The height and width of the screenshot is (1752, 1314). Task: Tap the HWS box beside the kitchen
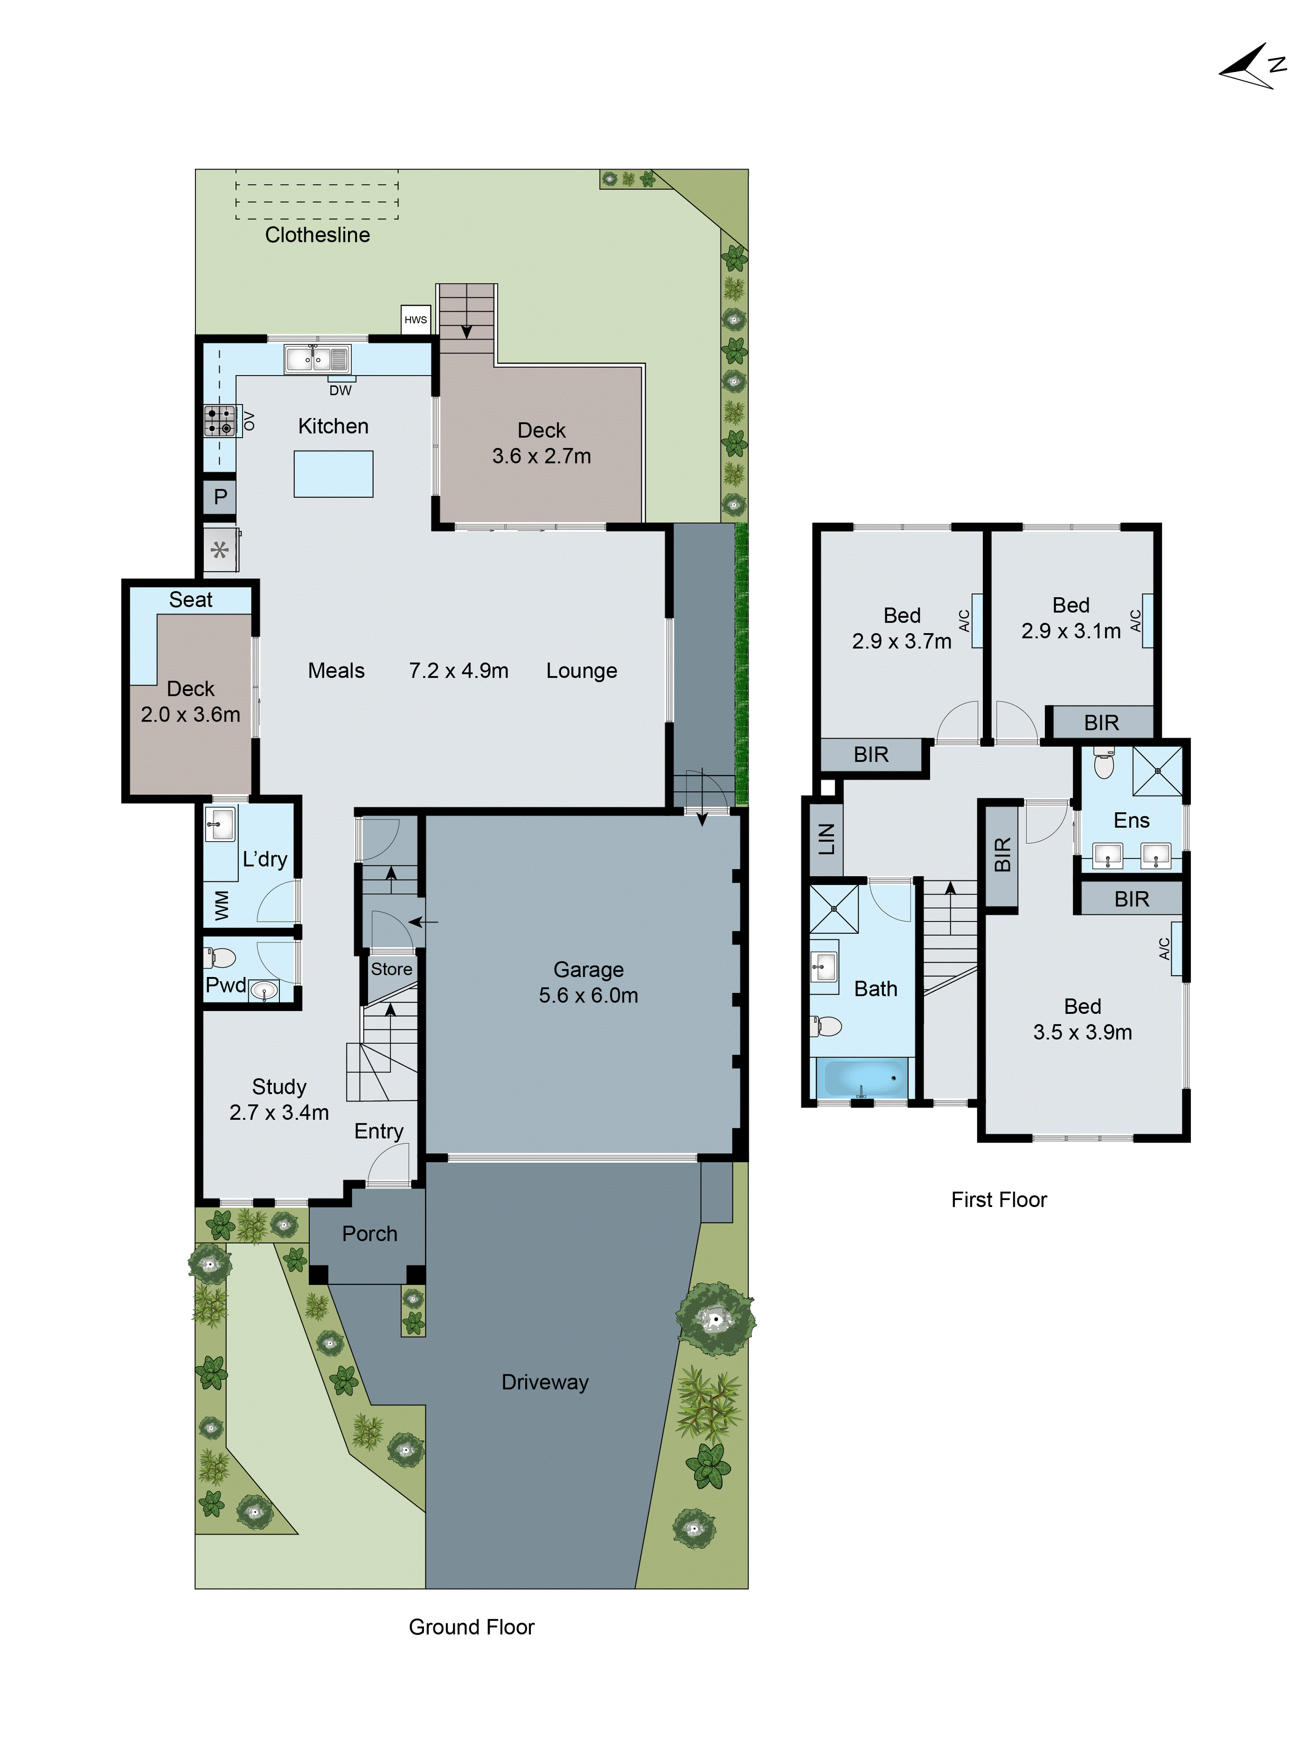click(415, 320)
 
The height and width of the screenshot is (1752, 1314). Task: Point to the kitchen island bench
click(333, 474)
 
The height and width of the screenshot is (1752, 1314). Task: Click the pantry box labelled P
click(220, 497)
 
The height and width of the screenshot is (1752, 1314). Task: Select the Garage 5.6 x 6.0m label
click(588, 982)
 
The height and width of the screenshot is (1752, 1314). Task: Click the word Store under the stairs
click(391, 969)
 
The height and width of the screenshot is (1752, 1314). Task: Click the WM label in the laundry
click(222, 905)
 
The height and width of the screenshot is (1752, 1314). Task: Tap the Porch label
click(369, 1233)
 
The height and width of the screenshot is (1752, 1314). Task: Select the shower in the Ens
click(1156, 770)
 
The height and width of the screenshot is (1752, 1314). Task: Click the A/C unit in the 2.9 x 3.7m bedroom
click(977, 621)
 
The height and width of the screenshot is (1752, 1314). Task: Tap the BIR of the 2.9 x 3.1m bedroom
click(1101, 722)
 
